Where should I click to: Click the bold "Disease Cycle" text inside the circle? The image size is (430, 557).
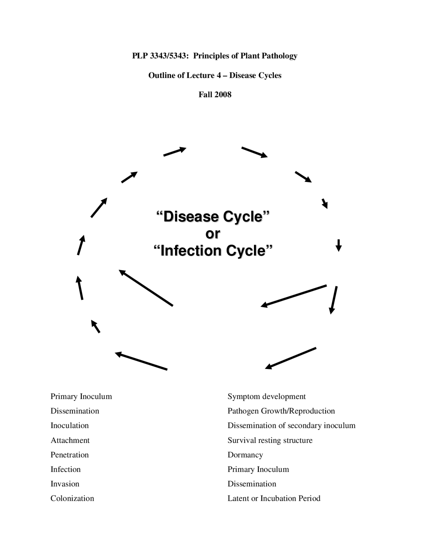coord(213,216)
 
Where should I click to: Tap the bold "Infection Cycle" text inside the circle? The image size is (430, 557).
coord(213,251)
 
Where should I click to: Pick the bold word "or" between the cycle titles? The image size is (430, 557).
coord(213,233)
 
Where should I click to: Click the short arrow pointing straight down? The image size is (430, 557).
coord(339,245)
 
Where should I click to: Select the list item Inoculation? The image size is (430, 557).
coord(70,425)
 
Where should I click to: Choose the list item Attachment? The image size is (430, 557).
coord(70,440)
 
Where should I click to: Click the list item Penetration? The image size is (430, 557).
coord(70,455)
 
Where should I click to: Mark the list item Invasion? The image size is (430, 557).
coord(65,484)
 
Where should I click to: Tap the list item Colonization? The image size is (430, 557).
coord(72,498)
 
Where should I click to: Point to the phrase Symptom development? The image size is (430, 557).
coord(266,396)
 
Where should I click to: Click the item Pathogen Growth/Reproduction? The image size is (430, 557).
coord(281,411)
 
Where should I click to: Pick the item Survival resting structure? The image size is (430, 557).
coord(270,440)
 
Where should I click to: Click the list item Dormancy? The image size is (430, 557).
coord(245,455)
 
